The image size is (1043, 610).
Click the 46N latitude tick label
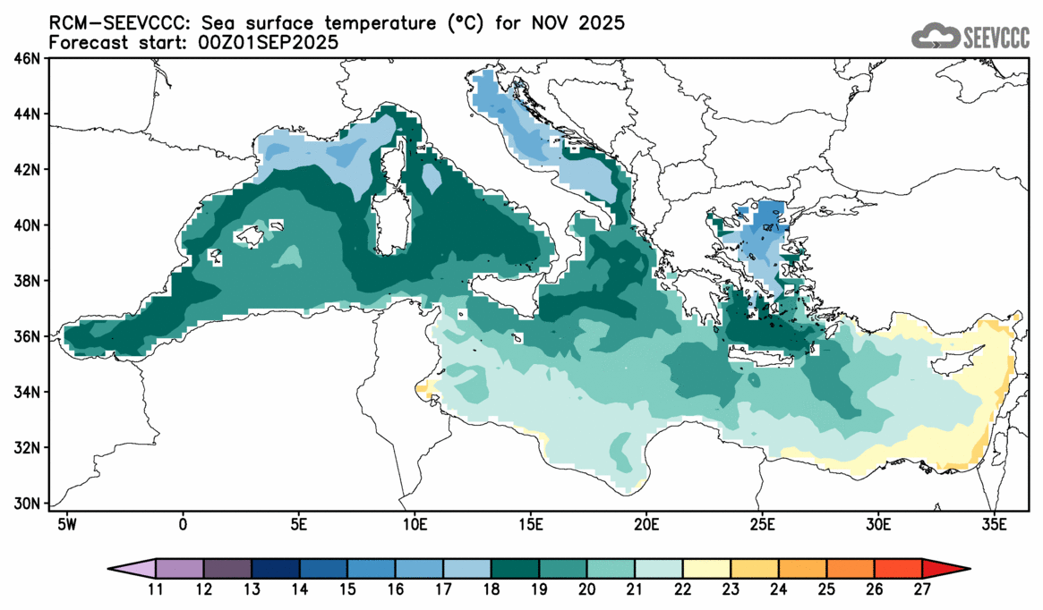point(29,58)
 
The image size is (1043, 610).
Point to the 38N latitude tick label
point(29,281)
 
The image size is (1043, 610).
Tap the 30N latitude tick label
point(29,503)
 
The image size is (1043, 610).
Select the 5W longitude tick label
point(65,521)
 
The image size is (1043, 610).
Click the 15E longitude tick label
point(530,521)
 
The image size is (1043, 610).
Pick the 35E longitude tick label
point(994,521)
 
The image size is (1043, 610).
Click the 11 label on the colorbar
point(156,590)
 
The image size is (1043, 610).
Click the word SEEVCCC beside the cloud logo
point(996,37)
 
